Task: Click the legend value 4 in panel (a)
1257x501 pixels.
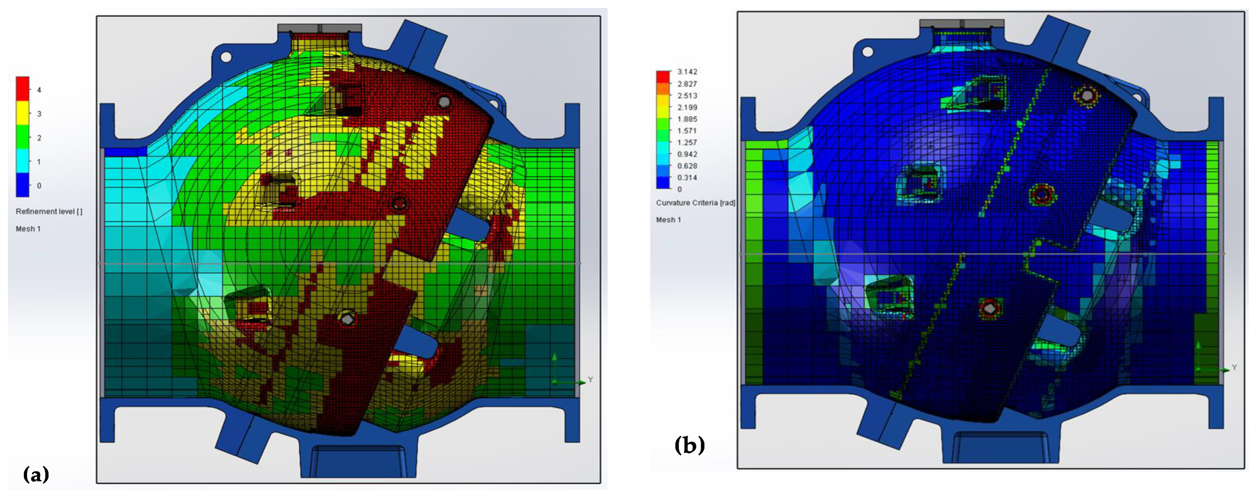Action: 39,90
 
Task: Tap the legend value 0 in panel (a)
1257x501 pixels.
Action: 39,185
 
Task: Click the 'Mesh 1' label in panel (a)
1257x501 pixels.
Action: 28,229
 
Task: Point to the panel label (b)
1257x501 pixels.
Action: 689,445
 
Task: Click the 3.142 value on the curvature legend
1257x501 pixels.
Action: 687,72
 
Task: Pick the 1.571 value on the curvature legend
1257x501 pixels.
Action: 687,131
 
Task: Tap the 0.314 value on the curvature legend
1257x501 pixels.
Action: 687,177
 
